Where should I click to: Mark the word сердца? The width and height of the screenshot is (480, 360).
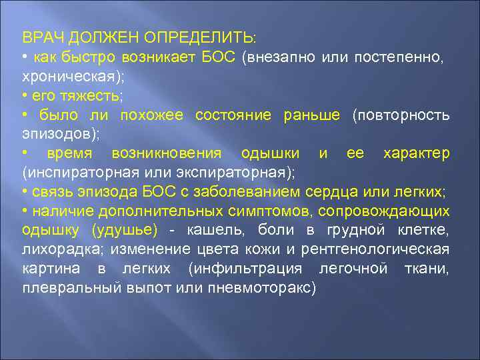(x=333, y=193)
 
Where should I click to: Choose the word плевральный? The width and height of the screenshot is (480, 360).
(x=62, y=289)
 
